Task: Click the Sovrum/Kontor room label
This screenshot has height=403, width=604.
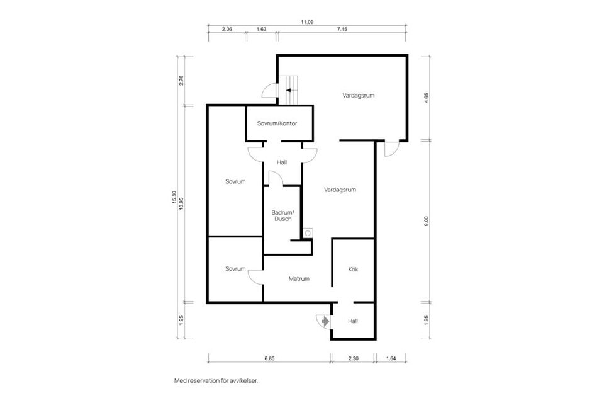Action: (277, 123)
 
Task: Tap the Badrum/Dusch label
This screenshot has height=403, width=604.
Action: (282, 215)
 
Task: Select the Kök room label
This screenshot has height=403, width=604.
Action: (353, 269)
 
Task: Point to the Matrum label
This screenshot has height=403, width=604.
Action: (299, 278)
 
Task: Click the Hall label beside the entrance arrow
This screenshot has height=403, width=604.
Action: (353, 321)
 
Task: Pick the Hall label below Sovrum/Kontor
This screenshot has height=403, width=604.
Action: (282, 162)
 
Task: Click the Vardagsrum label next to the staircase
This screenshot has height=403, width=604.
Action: (359, 96)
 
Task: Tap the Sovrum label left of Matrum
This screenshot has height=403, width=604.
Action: (235, 269)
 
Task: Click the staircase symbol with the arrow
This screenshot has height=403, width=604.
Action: (291, 89)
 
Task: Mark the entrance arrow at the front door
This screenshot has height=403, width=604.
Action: (325, 321)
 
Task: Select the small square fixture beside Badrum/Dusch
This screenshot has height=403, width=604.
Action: (308, 232)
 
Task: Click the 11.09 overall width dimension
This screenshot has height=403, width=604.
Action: (306, 22)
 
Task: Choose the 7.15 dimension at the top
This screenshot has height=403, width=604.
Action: (342, 30)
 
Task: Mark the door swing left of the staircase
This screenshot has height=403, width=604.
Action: (269, 92)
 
